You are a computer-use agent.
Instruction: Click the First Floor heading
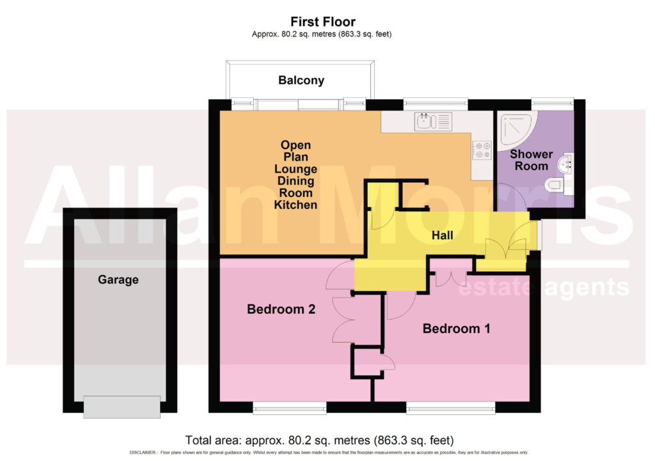point(323,22)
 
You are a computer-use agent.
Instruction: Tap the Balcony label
point(301,80)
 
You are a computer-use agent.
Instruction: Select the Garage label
point(118,279)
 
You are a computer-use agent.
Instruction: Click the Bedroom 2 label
point(281,309)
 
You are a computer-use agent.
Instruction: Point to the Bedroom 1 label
point(456,328)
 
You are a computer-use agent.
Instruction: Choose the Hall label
point(443,235)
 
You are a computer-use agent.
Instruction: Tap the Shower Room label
point(532,160)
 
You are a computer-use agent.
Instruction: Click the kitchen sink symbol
point(433,121)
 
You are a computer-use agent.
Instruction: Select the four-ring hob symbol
point(482,150)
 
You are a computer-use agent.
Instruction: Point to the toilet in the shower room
point(557,185)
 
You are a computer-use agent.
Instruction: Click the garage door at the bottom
point(122,407)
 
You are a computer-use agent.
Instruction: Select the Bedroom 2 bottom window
point(290,407)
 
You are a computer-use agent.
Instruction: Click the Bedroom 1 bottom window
point(451,407)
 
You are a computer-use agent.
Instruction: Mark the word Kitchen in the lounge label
point(296,205)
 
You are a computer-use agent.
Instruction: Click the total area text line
point(320,440)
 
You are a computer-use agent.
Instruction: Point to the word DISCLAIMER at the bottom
point(143,453)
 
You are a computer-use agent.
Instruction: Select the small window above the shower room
point(552,103)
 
